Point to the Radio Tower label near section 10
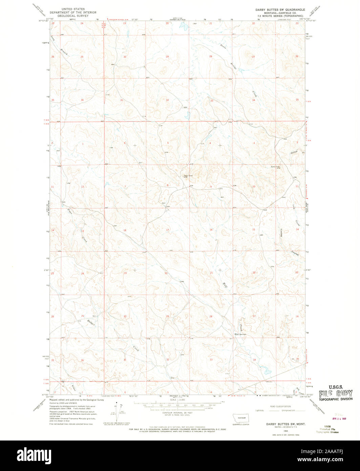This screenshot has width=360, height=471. coord(276,166)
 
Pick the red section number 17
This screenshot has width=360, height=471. coord(167,230)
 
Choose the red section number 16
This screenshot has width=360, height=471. coord(211,230)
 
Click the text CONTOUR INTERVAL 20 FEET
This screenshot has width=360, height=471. coord(179,412)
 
